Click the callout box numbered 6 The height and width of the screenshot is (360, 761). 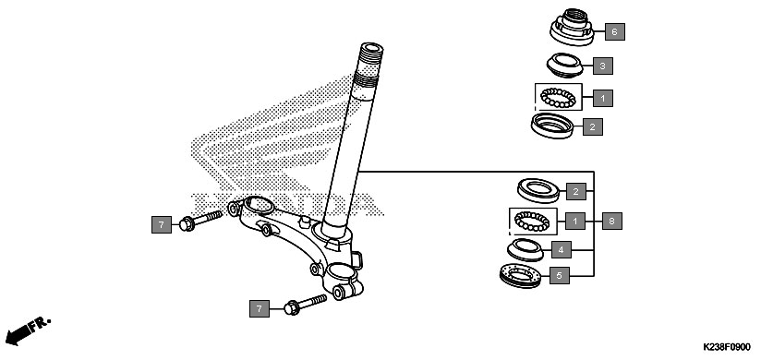tap(615, 32)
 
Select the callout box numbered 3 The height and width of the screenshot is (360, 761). tap(603, 66)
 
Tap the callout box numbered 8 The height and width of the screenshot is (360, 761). tap(612, 222)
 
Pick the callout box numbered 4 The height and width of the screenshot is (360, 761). tap(561, 250)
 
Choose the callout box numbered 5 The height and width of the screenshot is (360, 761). tap(559, 276)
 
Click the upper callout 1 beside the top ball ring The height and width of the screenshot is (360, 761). tap(603, 98)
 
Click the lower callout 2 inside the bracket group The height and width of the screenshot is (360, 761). tap(575, 192)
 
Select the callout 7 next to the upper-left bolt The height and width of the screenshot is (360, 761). tap(161, 224)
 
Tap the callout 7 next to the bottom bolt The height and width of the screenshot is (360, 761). tap(260, 308)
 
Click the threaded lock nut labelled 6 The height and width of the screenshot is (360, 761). tap(573, 27)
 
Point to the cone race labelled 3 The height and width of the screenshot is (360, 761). tap(565, 66)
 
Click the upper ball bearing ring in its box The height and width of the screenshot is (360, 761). tap(558, 98)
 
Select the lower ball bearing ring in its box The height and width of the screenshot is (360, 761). tap(531, 222)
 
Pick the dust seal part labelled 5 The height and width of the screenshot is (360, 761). tap(520, 276)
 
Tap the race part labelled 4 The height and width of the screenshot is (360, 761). tap(525, 250)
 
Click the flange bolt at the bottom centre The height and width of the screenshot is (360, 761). tap(305, 305)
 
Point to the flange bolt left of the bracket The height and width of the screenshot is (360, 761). tap(200, 221)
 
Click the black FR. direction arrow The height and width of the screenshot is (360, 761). tap(17, 335)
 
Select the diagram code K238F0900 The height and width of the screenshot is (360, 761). tap(727, 348)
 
